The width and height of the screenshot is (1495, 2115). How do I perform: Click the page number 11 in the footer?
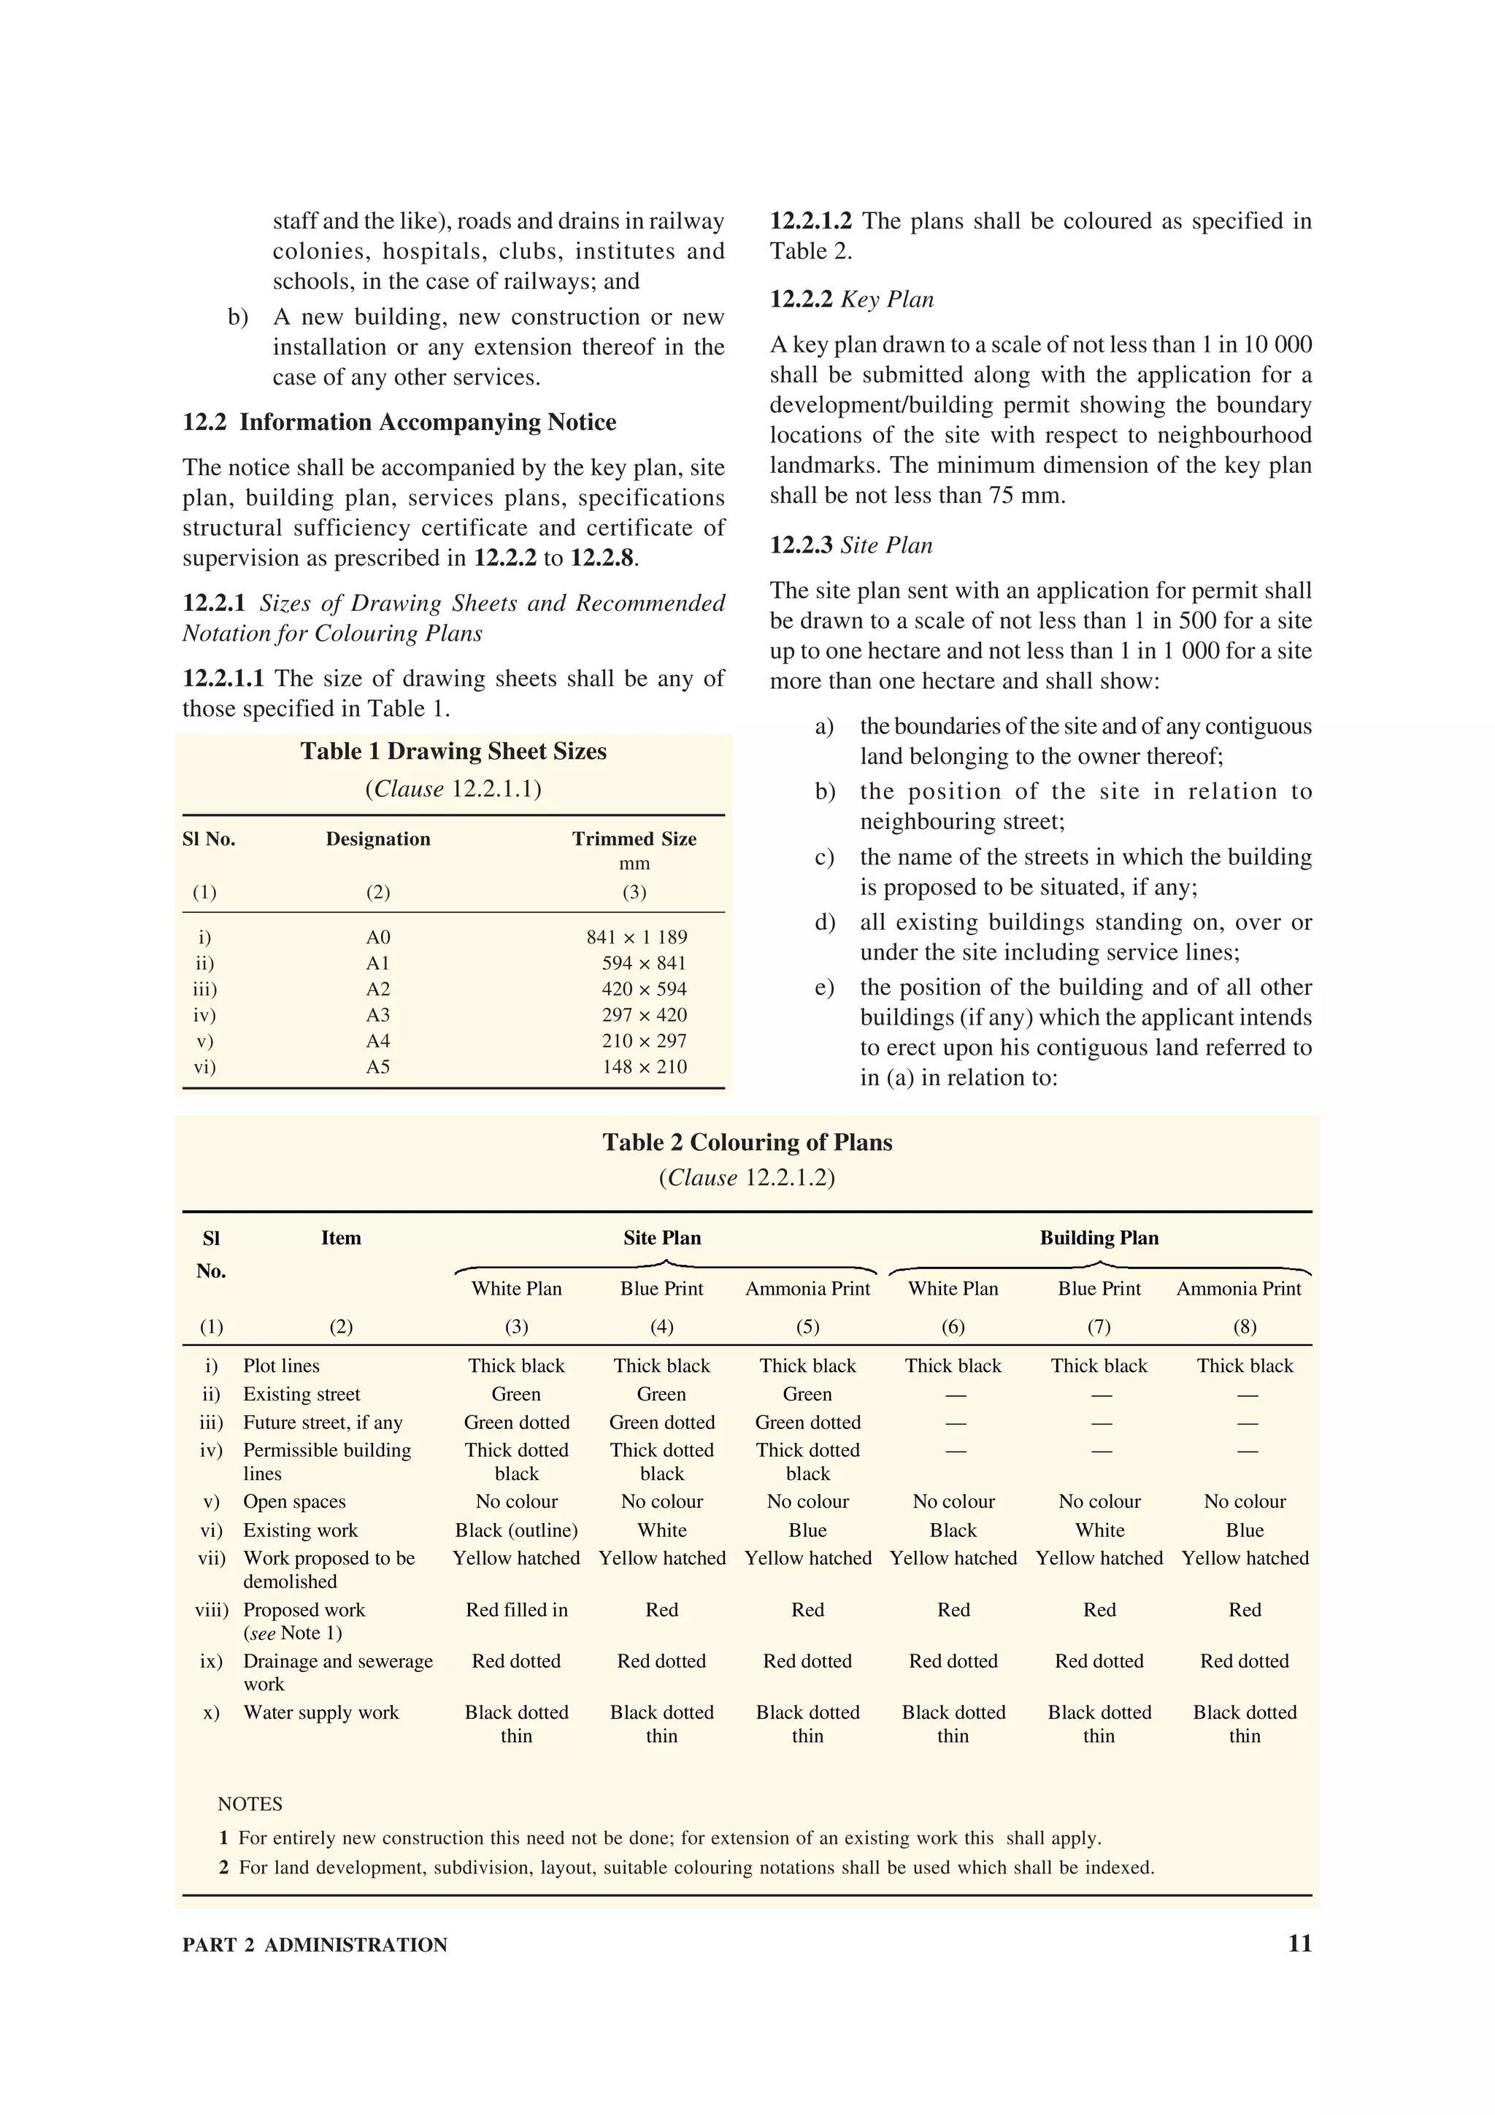[1299, 1943]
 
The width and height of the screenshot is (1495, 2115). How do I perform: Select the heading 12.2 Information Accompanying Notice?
[399, 422]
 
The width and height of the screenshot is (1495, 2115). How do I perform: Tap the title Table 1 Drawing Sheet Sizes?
[453, 751]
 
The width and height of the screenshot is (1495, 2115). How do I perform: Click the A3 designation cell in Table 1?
[377, 1015]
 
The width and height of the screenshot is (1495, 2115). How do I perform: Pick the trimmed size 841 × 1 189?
[637, 937]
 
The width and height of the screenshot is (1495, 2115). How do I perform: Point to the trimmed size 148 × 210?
[644, 1067]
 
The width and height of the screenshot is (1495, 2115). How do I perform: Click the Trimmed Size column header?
[634, 839]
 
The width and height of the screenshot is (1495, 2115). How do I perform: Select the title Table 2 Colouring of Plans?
[747, 1142]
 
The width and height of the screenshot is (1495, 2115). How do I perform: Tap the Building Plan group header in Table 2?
[1099, 1238]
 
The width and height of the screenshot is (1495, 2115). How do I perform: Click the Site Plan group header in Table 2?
[661, 1238]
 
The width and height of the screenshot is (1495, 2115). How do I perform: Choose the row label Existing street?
[301, 1394]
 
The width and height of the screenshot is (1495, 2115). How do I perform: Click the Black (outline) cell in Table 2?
[516, 1530]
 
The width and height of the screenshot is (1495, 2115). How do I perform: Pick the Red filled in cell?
[516, 1609]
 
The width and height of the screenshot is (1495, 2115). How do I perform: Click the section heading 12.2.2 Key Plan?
[851, 299]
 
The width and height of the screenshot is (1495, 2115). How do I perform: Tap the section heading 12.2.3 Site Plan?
[850, 545]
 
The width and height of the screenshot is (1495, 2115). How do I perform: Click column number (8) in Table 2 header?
[1245, 1327]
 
